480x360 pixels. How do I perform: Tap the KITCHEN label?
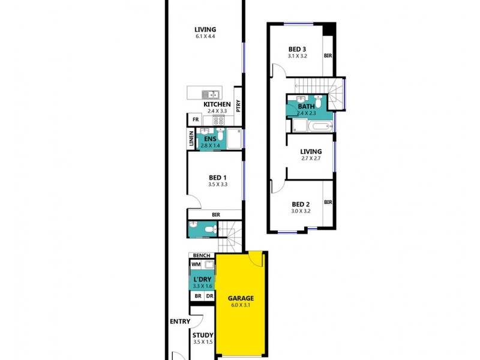(217, 104)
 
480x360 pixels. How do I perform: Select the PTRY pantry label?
(238, 106)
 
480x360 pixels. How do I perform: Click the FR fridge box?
(195, 119)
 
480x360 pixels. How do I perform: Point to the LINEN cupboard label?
(191, 139)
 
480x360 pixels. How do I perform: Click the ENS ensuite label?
(210, 139)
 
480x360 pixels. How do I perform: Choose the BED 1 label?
(217, 178)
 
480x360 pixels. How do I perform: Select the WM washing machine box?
(196, 264)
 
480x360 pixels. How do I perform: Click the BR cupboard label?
(197, 296)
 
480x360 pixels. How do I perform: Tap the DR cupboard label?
(209, 296)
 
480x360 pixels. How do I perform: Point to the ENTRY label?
(179, 322)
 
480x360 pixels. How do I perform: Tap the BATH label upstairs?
(306, 107)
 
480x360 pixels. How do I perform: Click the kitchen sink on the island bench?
(210, 94)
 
